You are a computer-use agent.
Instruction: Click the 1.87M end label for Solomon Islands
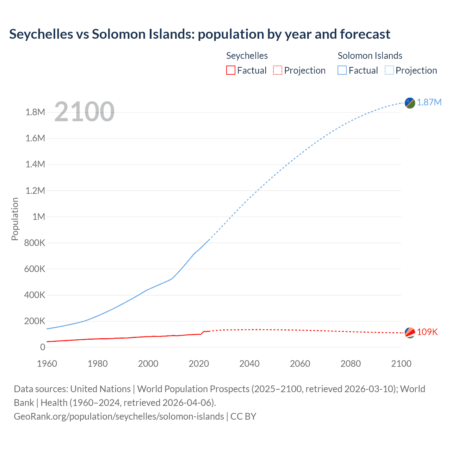point(429,102)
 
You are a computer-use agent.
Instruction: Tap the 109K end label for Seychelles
point(427,332)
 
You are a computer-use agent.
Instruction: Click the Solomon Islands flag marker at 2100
point(410,103)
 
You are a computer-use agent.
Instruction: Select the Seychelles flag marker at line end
point(410,333)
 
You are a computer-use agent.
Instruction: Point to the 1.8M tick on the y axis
point(35,112)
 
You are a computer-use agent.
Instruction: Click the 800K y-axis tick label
point(35,243)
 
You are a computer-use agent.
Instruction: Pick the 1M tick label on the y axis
point(39,217)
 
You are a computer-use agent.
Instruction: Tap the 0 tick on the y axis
point(43,347)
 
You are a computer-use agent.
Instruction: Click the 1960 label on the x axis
point(47,364)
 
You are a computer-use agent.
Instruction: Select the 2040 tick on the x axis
point(249,364)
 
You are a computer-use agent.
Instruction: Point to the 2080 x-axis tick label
point(351,364)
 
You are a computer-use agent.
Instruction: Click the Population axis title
point(15,219)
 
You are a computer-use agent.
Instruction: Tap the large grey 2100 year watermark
point(84,112)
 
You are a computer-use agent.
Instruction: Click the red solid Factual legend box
point(230,70)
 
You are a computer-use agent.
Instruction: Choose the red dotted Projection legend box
point(278,70)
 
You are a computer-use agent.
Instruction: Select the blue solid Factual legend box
point(342,70)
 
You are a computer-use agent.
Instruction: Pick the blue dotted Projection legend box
point(389,70)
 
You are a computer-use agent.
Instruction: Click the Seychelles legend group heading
point(247,56)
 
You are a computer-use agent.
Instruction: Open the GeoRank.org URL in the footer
point(119,416)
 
